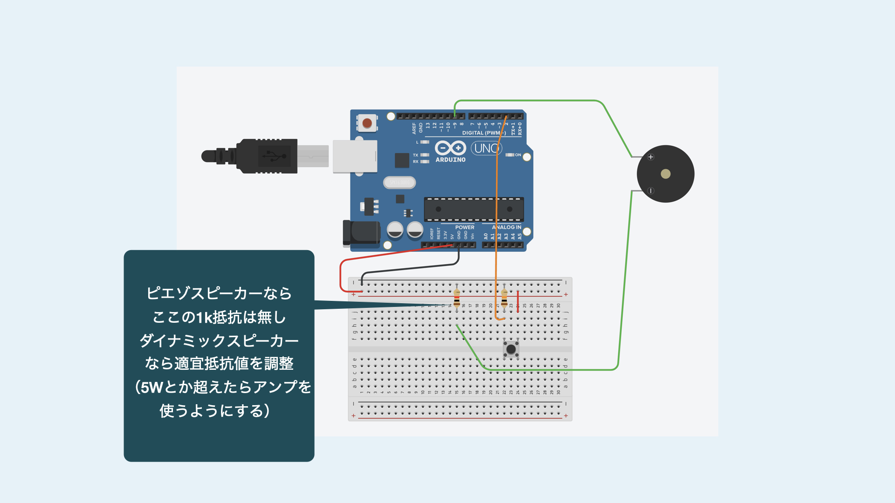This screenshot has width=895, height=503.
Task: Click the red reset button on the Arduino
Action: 367,123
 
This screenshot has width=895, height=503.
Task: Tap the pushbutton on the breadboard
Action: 511,349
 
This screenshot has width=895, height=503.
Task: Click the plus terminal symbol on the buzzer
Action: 651,157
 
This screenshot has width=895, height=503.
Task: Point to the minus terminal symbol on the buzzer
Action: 651,190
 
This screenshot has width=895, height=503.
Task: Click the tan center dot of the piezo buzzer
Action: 666,174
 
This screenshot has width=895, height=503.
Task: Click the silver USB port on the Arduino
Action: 355,156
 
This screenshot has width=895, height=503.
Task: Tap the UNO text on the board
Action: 486,148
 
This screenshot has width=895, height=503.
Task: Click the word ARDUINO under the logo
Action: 450,160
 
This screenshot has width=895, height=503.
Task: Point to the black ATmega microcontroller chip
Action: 474,209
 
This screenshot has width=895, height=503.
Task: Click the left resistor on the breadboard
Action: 457,297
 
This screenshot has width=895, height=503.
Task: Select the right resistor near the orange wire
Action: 504,297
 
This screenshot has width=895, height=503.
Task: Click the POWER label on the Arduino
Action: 465,227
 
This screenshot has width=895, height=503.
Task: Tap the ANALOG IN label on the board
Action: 507,227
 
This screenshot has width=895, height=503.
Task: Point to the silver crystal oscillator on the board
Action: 399,183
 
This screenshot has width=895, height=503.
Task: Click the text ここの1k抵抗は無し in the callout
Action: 219,317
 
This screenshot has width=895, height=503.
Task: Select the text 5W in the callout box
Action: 151,387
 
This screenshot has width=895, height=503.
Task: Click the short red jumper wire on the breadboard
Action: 518,301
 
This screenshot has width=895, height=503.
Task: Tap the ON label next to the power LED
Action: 518,155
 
